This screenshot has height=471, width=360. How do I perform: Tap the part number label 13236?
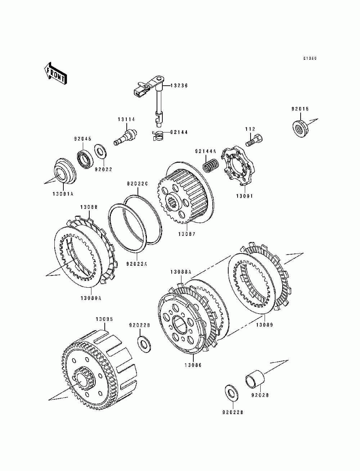click(179, 86)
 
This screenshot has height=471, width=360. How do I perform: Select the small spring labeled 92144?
click(159, 135)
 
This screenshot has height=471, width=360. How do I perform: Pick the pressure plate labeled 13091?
click(238, 166)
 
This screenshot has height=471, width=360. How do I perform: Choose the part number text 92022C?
click(137, 184)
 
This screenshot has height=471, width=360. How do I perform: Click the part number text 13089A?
click(91, 298)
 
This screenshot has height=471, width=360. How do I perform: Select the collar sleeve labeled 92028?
click(255, 380)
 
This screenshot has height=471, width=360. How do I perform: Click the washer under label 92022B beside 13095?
click(144, 343)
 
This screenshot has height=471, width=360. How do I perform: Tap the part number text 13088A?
click(181, 272)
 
